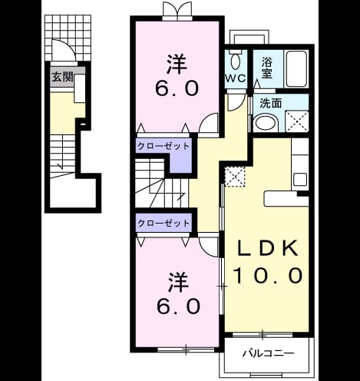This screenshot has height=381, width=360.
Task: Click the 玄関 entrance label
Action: pos(62,77)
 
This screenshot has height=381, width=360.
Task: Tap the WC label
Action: pos(236,78)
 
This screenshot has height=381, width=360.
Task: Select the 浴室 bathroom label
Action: pos(266,68)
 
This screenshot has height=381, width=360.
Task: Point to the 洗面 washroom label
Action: pos(270,103)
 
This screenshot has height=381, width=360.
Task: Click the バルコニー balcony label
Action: pos(268,353)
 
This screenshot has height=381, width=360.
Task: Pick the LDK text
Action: pos(267,248)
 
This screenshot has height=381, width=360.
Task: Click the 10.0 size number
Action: pos(268,275)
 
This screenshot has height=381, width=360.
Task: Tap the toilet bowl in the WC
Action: pos(235,61)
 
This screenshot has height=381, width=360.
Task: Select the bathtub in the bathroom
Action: pos(296,68)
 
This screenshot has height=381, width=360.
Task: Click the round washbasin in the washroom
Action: pos(266,124)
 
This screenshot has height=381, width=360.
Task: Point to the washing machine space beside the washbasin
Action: pos(297,121)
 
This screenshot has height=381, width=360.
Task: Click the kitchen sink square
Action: pos(300,179)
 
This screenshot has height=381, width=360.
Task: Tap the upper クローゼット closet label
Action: pos(163,146)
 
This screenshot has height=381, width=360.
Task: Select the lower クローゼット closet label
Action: pos(163,223)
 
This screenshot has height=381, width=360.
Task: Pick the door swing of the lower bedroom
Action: pos(209,247)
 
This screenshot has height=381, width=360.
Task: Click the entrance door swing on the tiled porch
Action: pos(64,50)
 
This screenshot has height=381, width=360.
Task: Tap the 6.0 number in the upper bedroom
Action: pos(177,88)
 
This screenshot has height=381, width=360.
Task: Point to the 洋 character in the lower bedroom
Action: pos(178,282)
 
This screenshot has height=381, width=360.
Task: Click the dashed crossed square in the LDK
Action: pos(235,177)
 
